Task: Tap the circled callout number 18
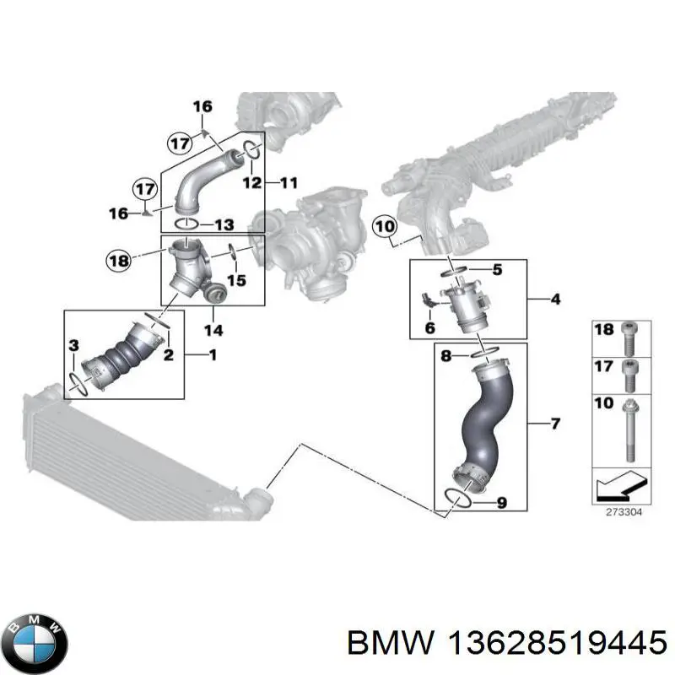(120, 262)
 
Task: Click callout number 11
(289, 182)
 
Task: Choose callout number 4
(555, 299)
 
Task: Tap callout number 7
(555, 423)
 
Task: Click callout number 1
(212, 355)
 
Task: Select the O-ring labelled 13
(186, 224)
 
